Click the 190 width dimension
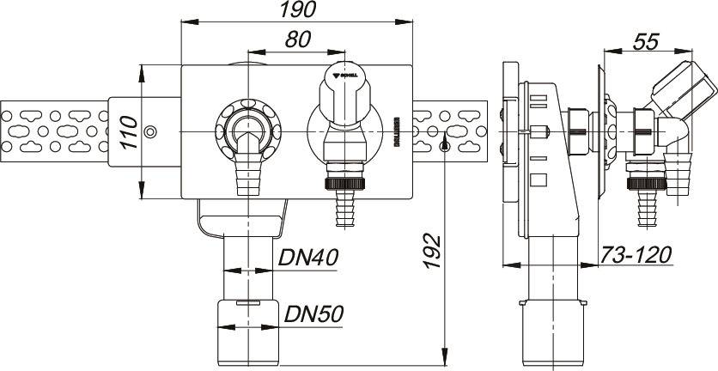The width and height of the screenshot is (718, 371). pyautogui.click(x=297, y=10)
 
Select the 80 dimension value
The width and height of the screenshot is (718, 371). pyautogui.click(x=297, y=40)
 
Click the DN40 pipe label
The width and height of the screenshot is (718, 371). pyautogui.click(x=307, y=257)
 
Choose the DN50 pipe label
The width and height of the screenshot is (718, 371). pyautogui.click(x=314, y=314)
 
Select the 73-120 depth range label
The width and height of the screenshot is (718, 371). pyautogui.click(x=635, y=255)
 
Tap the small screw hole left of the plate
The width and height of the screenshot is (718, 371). pyautogui.click(x=151, y=131)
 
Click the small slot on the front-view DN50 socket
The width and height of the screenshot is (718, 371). pyautogui.click(x=245, y=303)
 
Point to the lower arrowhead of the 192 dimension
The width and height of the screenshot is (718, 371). pyautogui.click(x=444, y=351)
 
